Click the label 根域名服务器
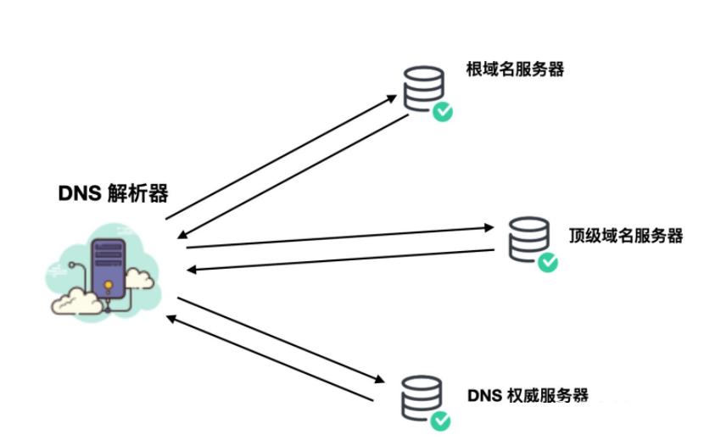point(515,70)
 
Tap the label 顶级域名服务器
point(626,235)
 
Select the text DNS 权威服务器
point(528,396)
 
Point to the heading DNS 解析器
point(113,193)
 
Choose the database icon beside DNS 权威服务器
point(422,398)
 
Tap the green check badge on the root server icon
point(442,112)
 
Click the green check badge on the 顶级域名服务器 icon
point(549,262)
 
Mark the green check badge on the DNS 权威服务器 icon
point(441,421)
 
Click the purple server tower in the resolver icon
point(109,266)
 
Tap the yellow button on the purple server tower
point(109,283)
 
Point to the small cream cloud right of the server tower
point(142,277)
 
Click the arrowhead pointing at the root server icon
point(392,96)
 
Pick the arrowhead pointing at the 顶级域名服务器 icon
point(489,227)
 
